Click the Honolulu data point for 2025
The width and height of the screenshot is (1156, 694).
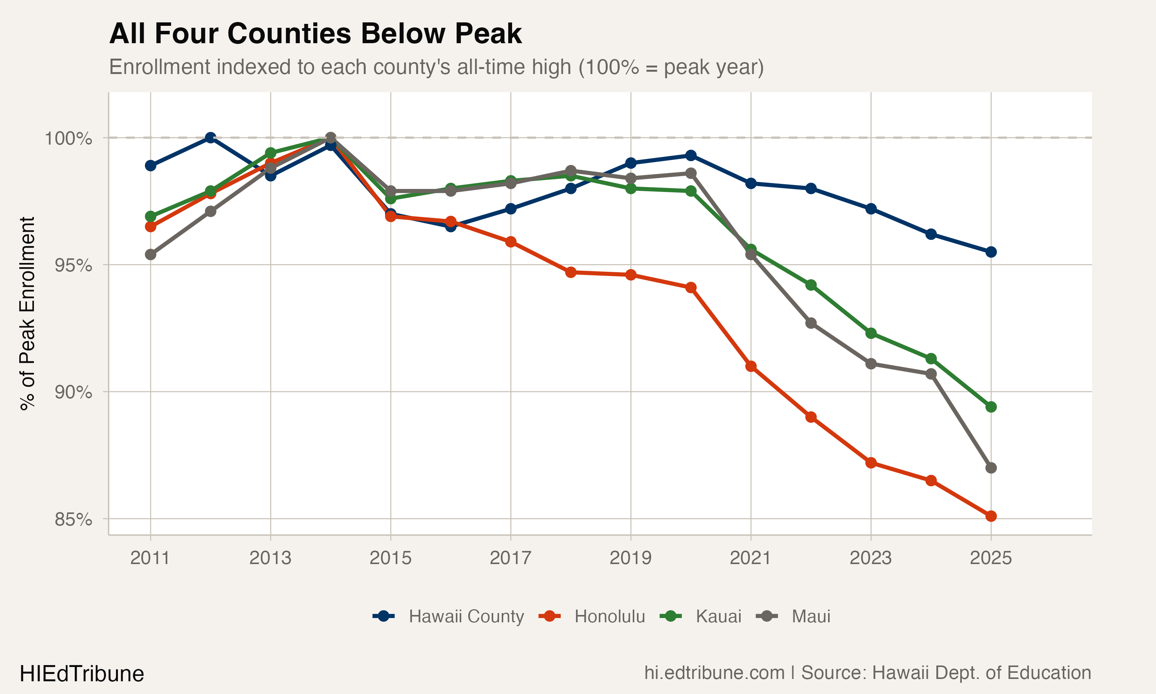tap(991, 516)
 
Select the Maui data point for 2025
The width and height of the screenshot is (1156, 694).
tap(991, 468)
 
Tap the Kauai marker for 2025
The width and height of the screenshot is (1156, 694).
tap(991, 407)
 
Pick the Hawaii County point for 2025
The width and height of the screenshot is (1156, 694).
tap(991, 252)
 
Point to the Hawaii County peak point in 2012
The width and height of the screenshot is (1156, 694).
tap(210, 138)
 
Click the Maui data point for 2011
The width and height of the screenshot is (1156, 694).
tap(150, 254)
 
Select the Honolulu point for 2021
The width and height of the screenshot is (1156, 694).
tap(751, 366)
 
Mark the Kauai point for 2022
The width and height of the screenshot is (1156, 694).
tap(811, 285)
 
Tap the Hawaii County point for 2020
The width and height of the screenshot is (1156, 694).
tap(691, 155)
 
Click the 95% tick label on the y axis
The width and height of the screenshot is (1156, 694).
tap(73, 265)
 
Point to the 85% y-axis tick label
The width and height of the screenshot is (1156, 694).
tap(73, 519)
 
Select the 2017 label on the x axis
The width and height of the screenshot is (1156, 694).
tap(510, 558)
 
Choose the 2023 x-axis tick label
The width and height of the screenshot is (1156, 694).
tap(870, 558)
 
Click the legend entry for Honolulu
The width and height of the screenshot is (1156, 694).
tap(609, 617)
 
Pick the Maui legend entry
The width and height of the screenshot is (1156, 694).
tap(811, 617)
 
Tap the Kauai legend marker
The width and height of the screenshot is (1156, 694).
tap(670, 617)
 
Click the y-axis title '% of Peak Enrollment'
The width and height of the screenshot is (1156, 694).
tap(27, 313)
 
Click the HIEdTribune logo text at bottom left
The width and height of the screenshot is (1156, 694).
tap(82, 674)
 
